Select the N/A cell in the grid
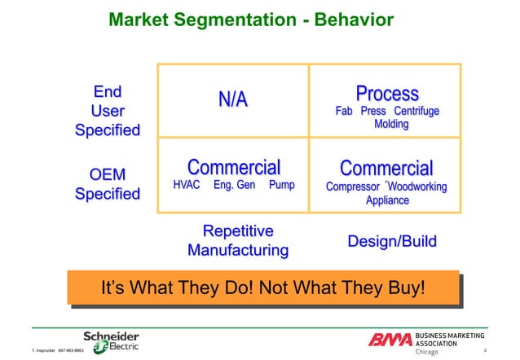232,100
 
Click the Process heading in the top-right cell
387,94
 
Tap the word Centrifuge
416,112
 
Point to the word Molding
391,125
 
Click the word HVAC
187,186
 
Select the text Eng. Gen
234,186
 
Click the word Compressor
354,187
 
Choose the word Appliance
387,200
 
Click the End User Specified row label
107,110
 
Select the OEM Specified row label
107,184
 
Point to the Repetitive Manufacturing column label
237,240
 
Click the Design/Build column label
391,242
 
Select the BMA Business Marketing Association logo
424,343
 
